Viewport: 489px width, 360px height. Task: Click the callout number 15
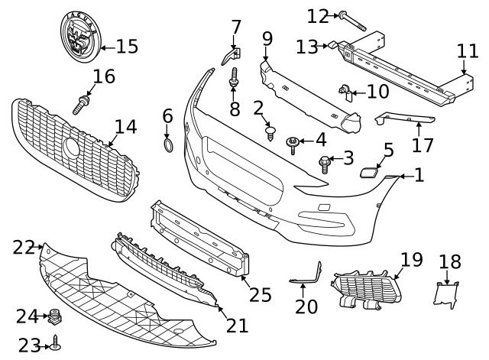pos(126,47)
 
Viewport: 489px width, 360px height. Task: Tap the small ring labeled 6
pos(168,145)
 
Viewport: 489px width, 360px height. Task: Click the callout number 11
pos(467,51)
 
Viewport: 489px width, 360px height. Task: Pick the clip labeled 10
pos(346,92)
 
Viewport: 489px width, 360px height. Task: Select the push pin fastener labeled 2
pos(270,133)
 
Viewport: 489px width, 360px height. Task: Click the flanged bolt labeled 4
pos(293,144)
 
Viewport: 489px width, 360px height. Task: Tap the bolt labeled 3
pos(325,161)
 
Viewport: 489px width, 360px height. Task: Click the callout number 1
pos(418,175)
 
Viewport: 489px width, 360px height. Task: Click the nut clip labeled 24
pos(54,316)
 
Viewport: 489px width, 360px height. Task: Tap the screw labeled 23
pos(56,345)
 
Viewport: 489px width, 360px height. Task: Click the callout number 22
pos(24,247)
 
